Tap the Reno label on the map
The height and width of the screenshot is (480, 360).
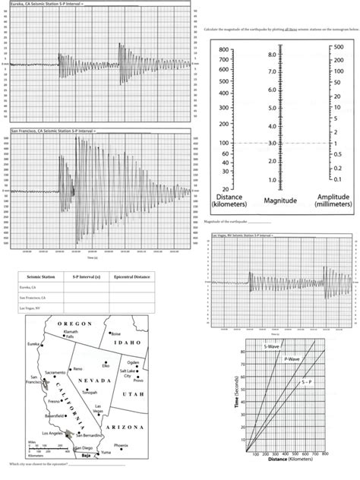[77, 368]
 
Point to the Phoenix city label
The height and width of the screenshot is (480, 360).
[121, 444]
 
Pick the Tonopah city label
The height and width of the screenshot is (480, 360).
[90, 393]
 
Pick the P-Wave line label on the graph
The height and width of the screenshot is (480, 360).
[292, 357]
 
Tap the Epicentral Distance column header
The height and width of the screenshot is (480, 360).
[126, 277]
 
